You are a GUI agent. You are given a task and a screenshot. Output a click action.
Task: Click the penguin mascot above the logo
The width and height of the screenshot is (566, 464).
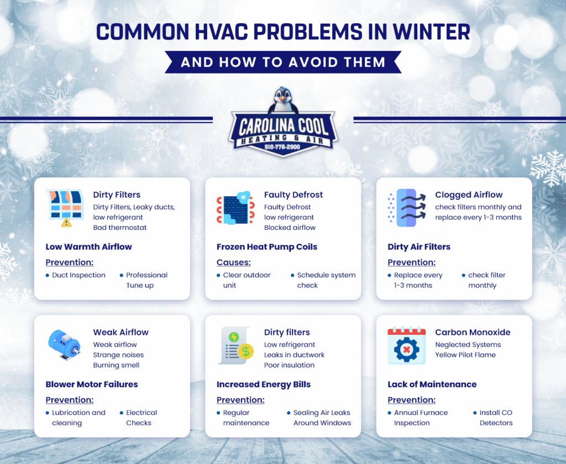(x=282, y=101)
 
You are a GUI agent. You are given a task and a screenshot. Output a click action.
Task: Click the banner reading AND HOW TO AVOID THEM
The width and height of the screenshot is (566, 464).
(x=283, y=61)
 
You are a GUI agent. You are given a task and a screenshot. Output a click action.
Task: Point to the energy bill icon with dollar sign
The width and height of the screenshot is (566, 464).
(x=235, y=345)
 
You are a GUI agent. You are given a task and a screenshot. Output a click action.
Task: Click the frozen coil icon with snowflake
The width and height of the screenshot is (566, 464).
(x=235, y=209)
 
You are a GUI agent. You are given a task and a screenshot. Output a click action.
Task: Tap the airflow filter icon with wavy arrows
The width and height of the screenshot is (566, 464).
(x=406, y=208)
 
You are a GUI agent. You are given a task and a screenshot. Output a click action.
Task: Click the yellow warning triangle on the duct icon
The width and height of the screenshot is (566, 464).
(x=66, y=222)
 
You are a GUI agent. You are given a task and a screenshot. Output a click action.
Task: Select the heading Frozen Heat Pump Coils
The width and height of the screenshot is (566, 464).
(x=267, y=247)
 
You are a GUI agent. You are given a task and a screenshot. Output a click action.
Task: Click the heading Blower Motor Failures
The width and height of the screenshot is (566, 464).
(x=92, y=384)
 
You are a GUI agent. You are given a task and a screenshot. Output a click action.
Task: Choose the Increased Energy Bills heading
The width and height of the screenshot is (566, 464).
(x=264, y=384)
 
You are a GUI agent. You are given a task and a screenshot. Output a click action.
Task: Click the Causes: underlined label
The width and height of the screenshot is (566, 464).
(x=234, y=262)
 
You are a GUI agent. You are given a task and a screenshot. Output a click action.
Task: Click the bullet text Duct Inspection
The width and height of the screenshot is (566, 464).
(x=78, y=275)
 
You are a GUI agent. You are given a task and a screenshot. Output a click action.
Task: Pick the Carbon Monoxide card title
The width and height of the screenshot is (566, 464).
(x=473, y=333)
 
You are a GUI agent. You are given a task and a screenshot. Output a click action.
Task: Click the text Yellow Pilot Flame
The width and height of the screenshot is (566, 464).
(x=465, y=355)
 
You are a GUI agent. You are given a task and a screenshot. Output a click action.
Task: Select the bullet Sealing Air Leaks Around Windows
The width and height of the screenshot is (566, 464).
(x=322, y=418)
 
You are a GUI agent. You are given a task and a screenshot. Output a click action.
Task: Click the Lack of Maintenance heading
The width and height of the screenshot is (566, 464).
(x=432, y=384)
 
